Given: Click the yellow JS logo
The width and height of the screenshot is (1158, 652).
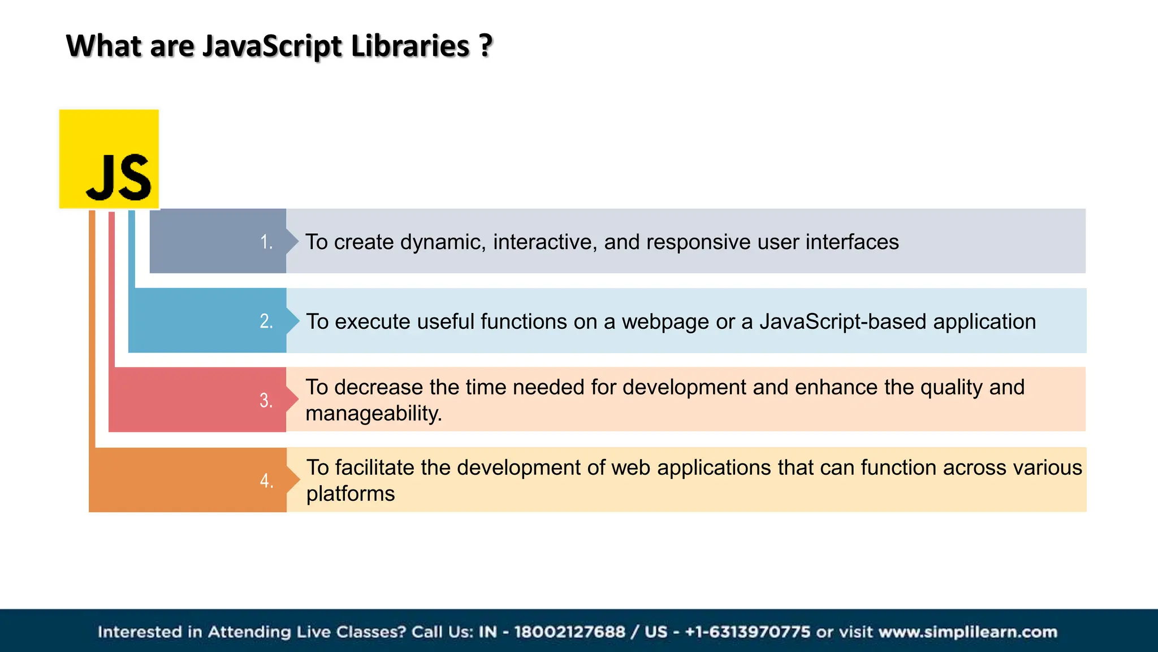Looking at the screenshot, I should tap(109, 159).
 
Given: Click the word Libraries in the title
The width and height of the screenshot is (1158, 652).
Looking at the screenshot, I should tap(410, 46).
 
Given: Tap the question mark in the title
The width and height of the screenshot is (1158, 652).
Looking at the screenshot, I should tap(486, 46).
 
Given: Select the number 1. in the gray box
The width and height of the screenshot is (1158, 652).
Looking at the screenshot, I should tap(266, 242).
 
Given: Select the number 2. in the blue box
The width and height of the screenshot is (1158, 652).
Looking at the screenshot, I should tap(266, 321).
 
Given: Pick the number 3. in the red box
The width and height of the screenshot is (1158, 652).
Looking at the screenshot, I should tap(266, 401).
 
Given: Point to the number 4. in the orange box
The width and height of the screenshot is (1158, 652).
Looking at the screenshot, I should tap(266, 481).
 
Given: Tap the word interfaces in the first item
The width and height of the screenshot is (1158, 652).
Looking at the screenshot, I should tap(852, 242).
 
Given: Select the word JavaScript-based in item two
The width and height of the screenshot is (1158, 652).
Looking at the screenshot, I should tap(843, 321).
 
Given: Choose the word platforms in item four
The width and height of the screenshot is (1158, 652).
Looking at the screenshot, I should tap(351, 494).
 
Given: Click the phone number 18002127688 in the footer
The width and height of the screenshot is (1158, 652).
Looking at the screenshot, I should tap(569, 632).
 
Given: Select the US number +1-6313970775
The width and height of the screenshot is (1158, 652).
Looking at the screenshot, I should tap(747, 632).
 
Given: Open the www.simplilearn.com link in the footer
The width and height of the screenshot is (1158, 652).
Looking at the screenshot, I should tap(968, 632).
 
